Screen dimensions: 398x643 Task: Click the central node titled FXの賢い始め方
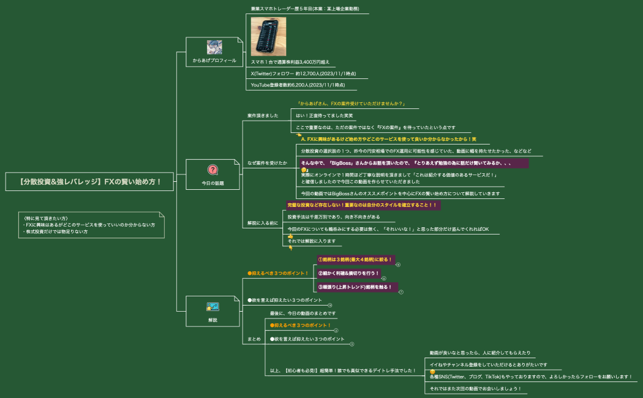[x=91, y=181]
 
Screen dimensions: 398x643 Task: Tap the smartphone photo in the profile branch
[x=268, y=37]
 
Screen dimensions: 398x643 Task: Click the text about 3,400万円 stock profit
[x=290, y=62]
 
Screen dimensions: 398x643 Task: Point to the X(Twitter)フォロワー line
[x=303, y=73]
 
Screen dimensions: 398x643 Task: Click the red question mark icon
[x=212, y=170]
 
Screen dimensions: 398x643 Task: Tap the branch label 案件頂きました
[x=263, y=115]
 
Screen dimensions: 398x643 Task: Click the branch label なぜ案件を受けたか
[x=267, y=163]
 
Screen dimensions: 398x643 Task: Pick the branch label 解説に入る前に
[x=263, y=223]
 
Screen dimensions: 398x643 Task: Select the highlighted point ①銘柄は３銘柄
[x=355, y=259]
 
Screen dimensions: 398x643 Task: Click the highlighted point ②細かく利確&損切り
[x=349, y=273]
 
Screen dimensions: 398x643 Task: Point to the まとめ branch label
[x=254, y=339]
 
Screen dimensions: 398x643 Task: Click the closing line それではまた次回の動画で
[x=475, y=388]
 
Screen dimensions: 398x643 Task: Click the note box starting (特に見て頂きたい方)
[x=91, y=225]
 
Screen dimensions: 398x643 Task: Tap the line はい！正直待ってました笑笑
[x=325, y=115]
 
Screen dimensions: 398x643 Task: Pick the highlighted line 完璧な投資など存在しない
[x=362, y=205]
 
